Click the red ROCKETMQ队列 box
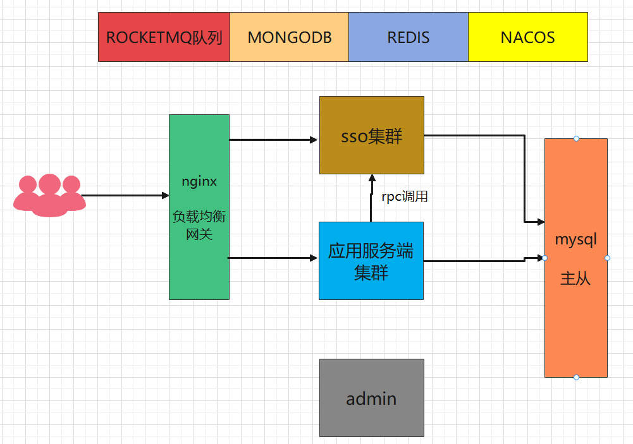click(x=164, y=37)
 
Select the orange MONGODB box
click(x=289, y=37)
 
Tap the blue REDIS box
click(x=408, y=37)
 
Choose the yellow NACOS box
click(x=527, y=37)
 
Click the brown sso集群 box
click(x=371, y=135)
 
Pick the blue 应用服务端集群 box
click(x=371, y=260)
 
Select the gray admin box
click(x=371, y=398)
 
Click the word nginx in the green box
click(x=199, y=182)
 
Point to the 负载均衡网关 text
click(x=199, y=225)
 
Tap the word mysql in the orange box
click(x=575, y=239)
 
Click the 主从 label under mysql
click(x=575, y=279)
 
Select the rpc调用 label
click(x=405, y=197)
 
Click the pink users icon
click(x=49, y=195)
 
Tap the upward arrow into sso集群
click(x=371, y=199)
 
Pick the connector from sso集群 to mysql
click(x=524, y=177)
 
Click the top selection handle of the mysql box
click(x=576, y=138)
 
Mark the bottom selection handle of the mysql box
click(x=576, y=377)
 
